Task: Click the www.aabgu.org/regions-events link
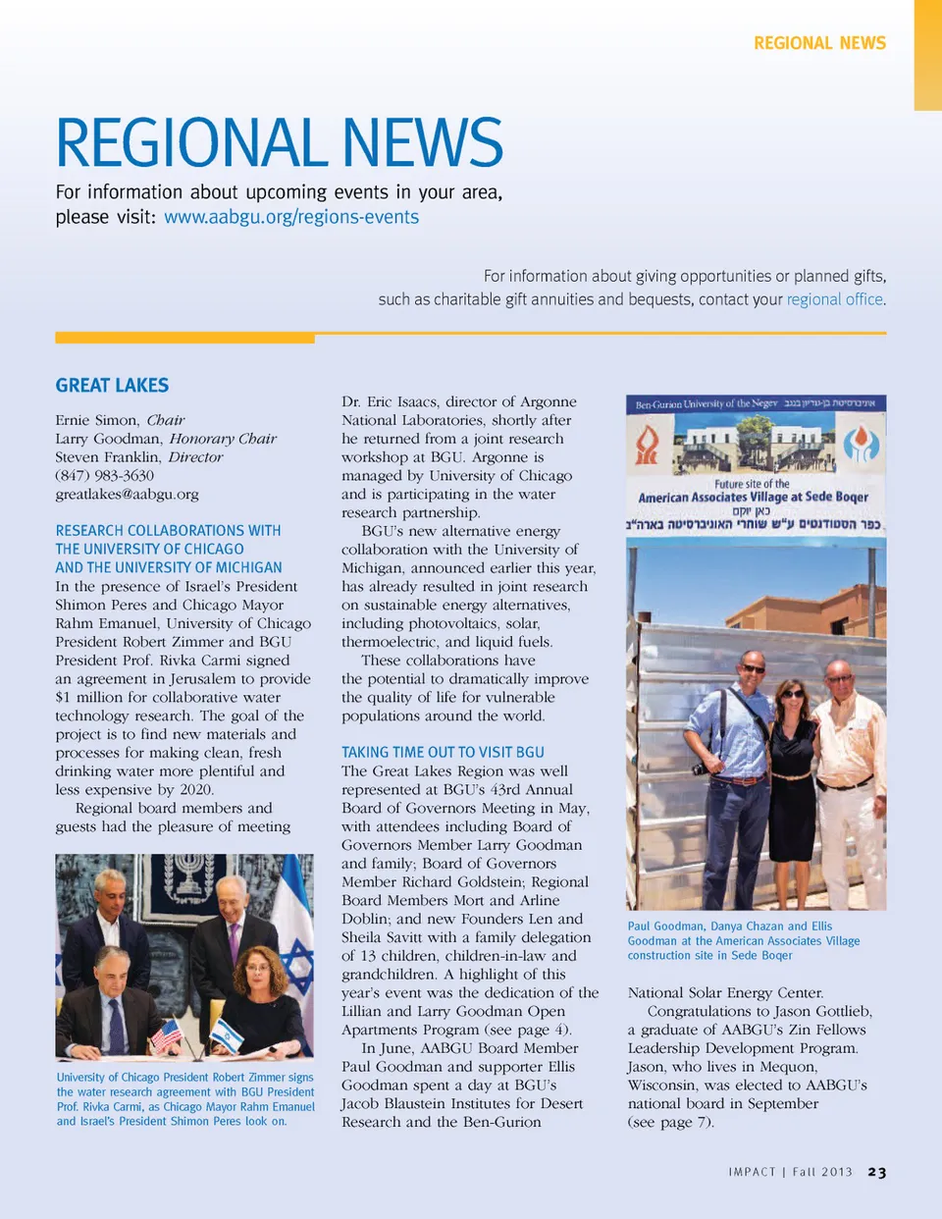291,217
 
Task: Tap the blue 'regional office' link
834,299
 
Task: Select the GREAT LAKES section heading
112,386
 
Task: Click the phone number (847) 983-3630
104,476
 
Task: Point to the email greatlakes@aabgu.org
127,495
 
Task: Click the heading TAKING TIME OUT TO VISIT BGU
443,752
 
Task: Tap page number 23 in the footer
876,1172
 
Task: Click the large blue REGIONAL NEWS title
280,143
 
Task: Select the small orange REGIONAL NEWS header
819,43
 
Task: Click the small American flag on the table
167,1033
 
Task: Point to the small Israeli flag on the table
228,1033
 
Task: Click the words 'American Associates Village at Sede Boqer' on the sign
753,498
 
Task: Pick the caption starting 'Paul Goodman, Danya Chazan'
743,940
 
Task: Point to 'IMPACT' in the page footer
752,1172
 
